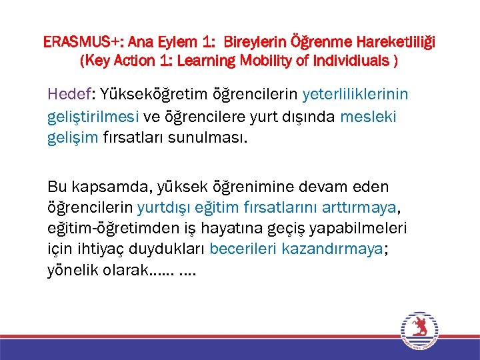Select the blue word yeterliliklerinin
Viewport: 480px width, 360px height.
pos(355,94)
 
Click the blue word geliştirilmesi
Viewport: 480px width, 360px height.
pos(93,117)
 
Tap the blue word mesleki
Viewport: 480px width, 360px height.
pos(368,117)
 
